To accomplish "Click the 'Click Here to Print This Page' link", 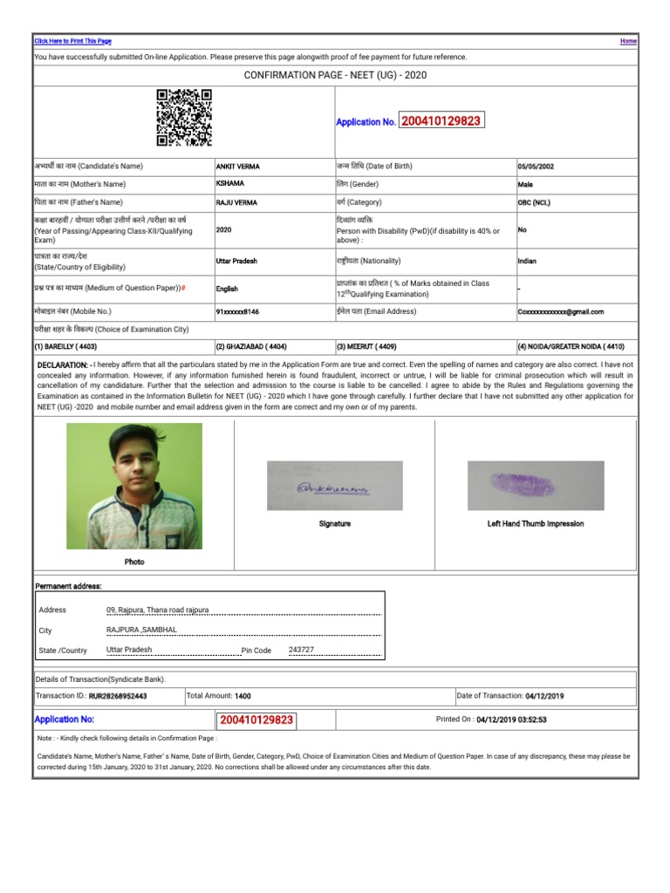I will click(72, 41).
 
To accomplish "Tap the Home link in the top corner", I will click(628, 41).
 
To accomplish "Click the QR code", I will click(184, 118).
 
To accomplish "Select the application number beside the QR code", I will click(441, 121).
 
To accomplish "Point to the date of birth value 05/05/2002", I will click(535, 166).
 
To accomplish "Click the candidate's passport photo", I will click(134, 486).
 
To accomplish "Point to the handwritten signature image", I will click(334, 486).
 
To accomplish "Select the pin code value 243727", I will click(301, 651).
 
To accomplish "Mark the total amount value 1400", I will click(243, 696).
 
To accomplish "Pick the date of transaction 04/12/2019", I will click(545, 696).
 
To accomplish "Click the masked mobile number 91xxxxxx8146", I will click(237, 311).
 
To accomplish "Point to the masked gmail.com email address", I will click(560, 311).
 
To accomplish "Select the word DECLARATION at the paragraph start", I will click(62, 365).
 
